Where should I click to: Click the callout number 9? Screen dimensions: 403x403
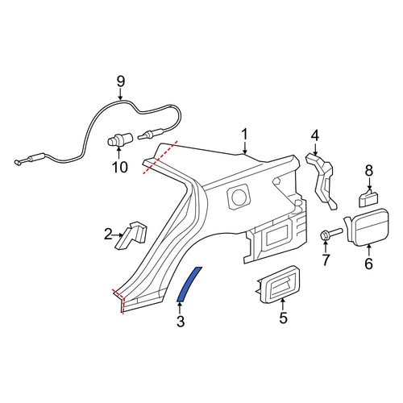pos(121,81)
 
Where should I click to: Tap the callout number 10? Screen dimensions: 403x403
pos(120,167)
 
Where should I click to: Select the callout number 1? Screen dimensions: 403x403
pos(244,135)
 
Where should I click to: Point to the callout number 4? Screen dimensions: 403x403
pos(315,135)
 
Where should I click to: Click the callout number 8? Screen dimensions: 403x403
pos(369,170)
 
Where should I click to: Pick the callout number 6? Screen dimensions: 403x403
pos(368,264)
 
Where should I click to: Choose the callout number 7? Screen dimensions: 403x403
pos(326,260)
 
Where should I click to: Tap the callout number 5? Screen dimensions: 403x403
pos(283,318)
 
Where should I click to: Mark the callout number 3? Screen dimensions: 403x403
pos(181,322)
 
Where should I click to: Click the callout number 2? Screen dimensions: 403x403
pos(108,235)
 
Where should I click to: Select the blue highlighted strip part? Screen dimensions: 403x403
pos(189,284)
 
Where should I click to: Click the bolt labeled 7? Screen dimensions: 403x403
pos(331,233)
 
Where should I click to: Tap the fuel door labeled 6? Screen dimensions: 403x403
pos(367,227)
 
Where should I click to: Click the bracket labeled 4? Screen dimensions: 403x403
pos(322,181)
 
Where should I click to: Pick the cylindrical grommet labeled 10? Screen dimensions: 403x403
pos(120,139)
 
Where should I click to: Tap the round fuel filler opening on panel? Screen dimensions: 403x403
pos(239,197)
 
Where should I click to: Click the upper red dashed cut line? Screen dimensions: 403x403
pos(160,157)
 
